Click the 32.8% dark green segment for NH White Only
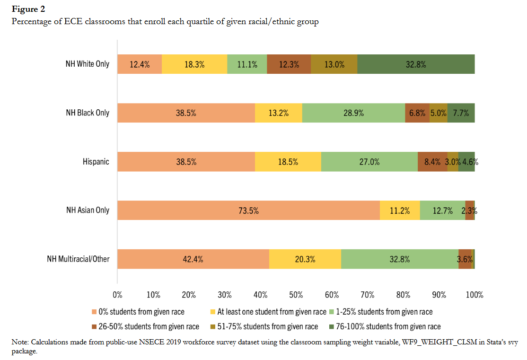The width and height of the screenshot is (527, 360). click(416, 64)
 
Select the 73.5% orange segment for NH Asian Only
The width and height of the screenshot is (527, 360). click(248, 210)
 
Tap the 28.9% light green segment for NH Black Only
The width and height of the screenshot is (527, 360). click(353, 113)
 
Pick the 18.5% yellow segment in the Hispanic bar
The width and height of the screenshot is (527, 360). click(288, 162)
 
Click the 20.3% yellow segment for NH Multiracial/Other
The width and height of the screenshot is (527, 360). click(305, 259)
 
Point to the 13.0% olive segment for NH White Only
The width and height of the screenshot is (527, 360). click(334, 64)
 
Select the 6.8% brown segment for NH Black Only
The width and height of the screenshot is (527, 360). click(417, 113)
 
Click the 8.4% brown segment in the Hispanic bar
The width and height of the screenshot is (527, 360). click(432, 162)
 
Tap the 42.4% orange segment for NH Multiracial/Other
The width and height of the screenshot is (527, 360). click(193, 259)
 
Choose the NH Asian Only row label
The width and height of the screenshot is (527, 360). click(88, 210)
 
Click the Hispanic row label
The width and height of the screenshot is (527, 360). click(96, 162)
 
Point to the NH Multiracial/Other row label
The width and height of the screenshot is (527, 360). click(78, 259)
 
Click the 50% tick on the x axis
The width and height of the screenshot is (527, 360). click(296, 295)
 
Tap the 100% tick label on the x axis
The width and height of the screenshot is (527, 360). click(474, 295)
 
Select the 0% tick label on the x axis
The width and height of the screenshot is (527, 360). click(118, 295)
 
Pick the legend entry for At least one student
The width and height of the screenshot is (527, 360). click(272, 312)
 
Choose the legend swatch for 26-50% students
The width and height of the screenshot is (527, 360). click(94, 326)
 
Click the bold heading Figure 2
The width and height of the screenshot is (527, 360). click(28, 9)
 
